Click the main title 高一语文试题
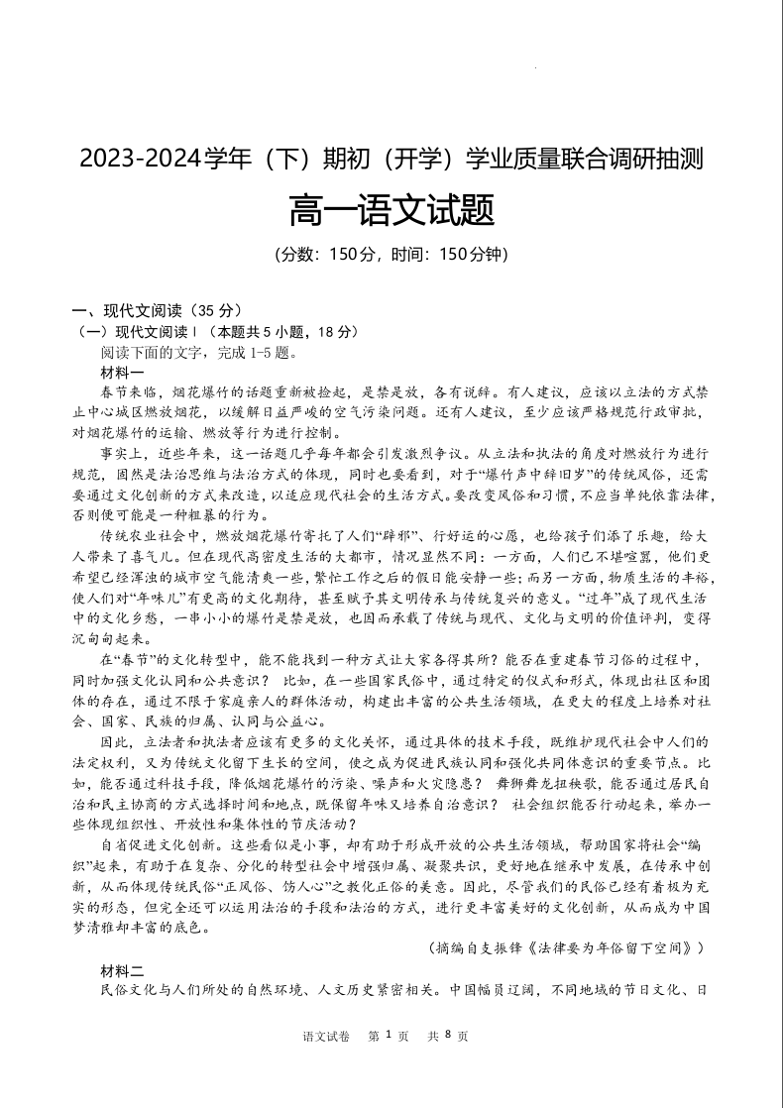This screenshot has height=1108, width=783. pos(391,209)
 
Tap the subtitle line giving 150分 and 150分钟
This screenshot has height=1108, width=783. pos(391,254)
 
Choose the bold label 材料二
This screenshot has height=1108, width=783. pos(122,969)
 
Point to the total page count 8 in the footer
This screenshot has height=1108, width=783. pos(448,1035)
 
